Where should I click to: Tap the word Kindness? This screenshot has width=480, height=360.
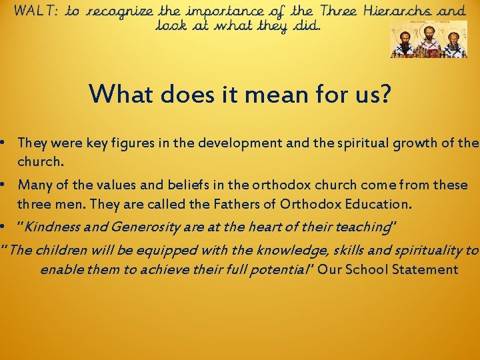47,227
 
